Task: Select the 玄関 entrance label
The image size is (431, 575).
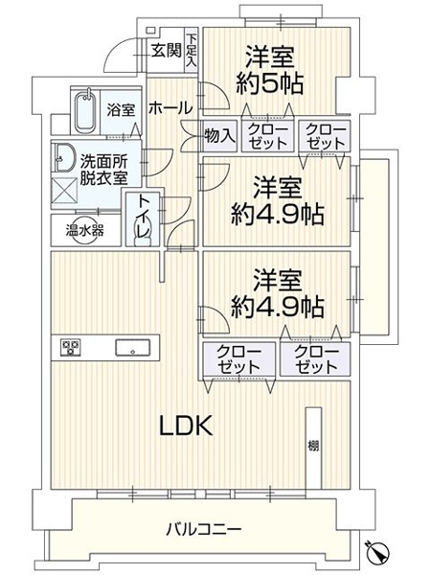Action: [165, 51]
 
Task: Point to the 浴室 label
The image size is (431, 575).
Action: [120, 110]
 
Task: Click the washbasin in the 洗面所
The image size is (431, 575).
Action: [65, 157]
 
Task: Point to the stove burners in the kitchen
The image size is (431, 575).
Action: [71, 347]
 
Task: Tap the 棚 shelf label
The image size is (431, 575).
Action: [313, 446]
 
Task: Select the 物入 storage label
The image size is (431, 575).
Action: [220, 135]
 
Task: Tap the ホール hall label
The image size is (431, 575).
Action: [169, 108]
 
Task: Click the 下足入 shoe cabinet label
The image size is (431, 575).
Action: [192, 49]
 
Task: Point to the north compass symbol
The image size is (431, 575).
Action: [378, 552]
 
